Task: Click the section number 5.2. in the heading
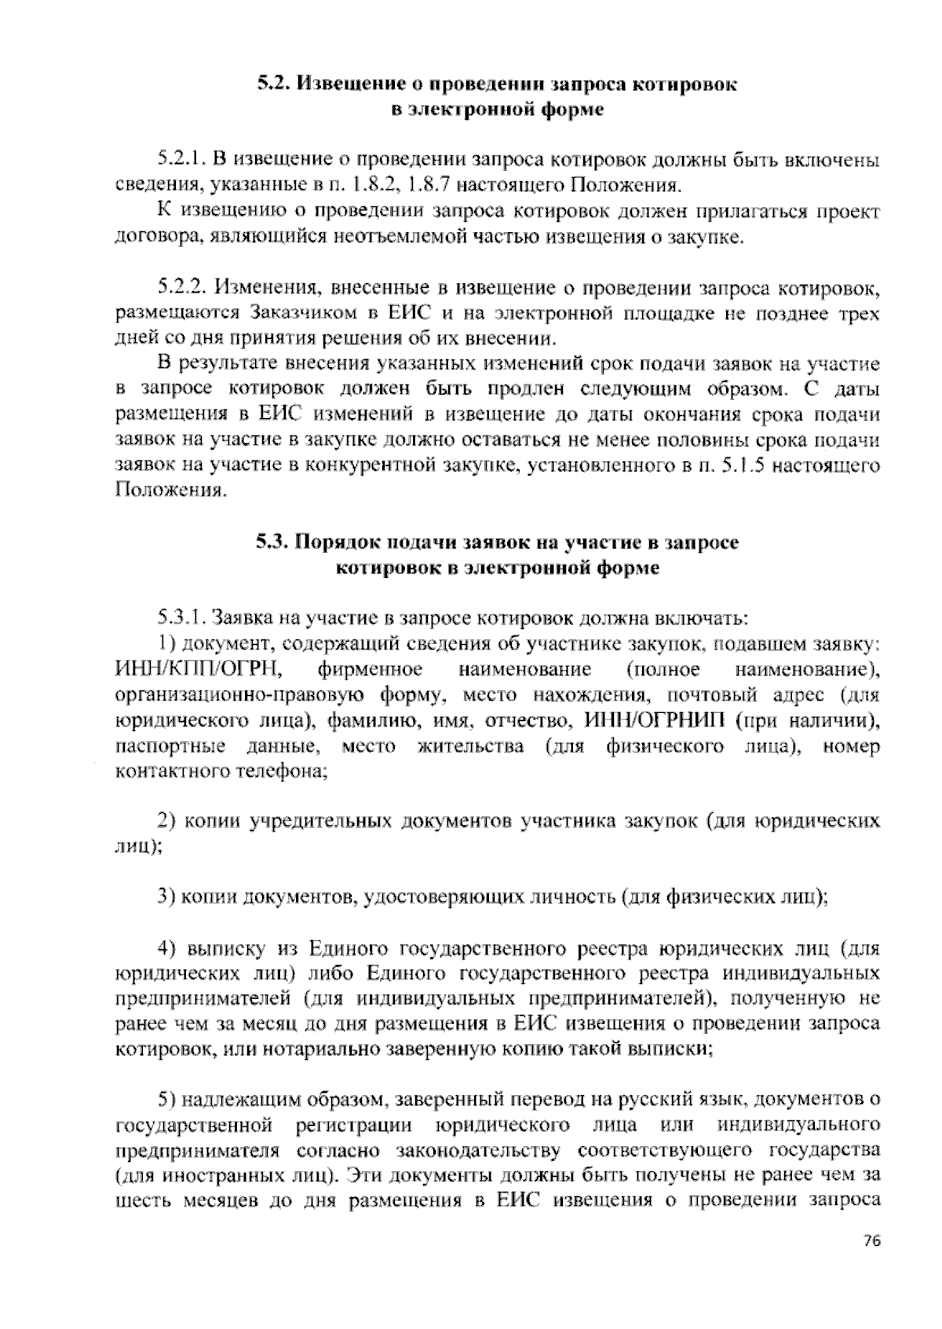pos(275,83)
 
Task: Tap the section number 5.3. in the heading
pos(274,542)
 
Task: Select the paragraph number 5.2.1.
pos(181,162)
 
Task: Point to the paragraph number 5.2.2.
pos(182,288)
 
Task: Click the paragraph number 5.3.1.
pos(181,617)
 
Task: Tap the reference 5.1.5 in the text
pos(743,465)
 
